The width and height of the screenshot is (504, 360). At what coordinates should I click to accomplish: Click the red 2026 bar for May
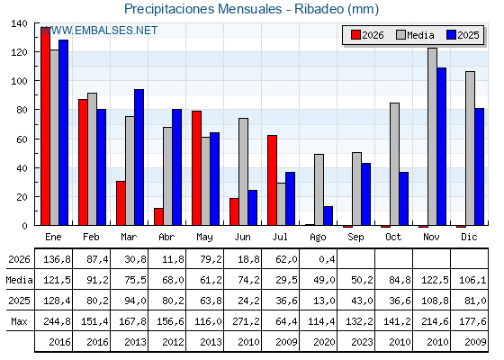197,167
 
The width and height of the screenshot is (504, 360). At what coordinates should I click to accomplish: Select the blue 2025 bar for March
139,157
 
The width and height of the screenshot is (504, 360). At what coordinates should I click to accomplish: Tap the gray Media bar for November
432,137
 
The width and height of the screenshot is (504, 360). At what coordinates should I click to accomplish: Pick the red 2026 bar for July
272,180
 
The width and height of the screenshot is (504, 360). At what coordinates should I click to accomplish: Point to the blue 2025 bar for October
404,199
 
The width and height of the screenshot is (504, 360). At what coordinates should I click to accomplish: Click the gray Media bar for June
243,172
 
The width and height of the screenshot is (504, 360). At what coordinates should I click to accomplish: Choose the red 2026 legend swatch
355,35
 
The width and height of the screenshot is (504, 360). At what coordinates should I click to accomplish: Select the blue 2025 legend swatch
451,35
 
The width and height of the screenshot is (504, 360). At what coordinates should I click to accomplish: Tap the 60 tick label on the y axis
19,139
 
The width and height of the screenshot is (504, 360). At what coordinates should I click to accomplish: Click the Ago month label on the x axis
318,238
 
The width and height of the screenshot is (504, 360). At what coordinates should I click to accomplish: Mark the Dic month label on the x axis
469,237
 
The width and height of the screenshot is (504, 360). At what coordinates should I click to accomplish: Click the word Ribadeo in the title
319,9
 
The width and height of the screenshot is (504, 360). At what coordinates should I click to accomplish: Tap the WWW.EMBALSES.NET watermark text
100,31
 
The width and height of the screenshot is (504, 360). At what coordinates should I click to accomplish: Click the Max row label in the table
19,321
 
